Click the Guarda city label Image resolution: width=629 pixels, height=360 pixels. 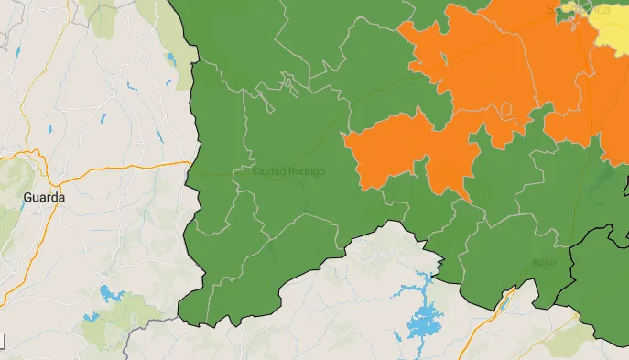[x=44, y=197]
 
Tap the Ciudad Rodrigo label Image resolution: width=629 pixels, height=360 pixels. [x=287, y=171]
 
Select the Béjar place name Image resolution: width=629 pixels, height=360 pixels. [x=544, y=263]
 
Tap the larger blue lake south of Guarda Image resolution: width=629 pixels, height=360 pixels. [x=113, y=294]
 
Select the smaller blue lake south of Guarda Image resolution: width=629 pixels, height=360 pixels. [x=91, y=317]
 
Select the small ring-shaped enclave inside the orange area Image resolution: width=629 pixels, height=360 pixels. [x=506, y=109]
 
